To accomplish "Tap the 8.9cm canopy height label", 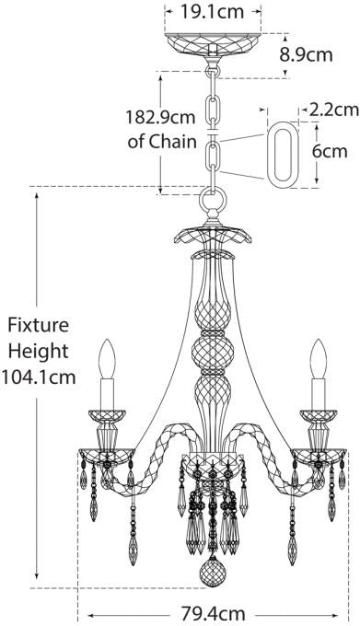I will coord(306,54).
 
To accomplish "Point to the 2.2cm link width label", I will coord(334,110).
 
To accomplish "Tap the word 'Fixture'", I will coord(38,326).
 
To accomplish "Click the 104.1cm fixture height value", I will coord(39,377).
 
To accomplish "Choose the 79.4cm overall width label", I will coord(214,612).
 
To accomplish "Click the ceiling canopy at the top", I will coord(213,47).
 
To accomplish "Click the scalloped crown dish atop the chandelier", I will coord(213,235).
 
